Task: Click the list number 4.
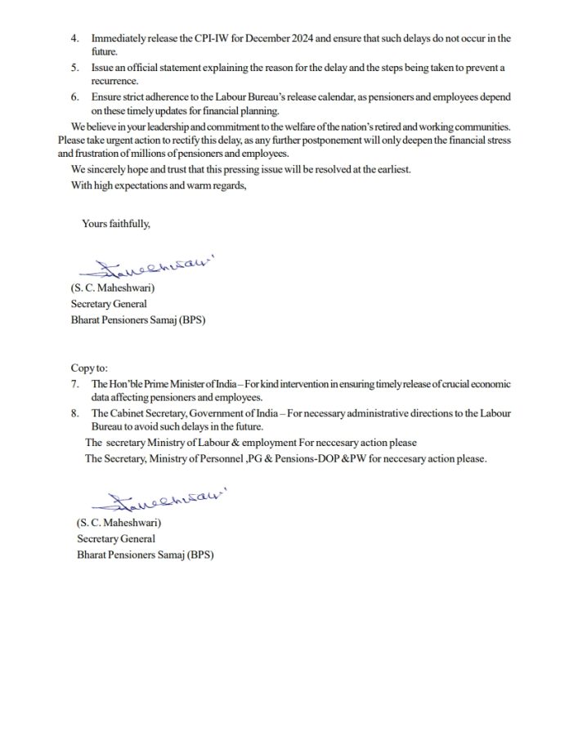coord(75,38)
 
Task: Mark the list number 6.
coord(75,97)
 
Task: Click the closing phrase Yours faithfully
coord(116,224)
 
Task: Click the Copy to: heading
coord(89,368)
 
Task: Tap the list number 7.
coord(75,384)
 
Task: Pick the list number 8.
coord(75,414)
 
